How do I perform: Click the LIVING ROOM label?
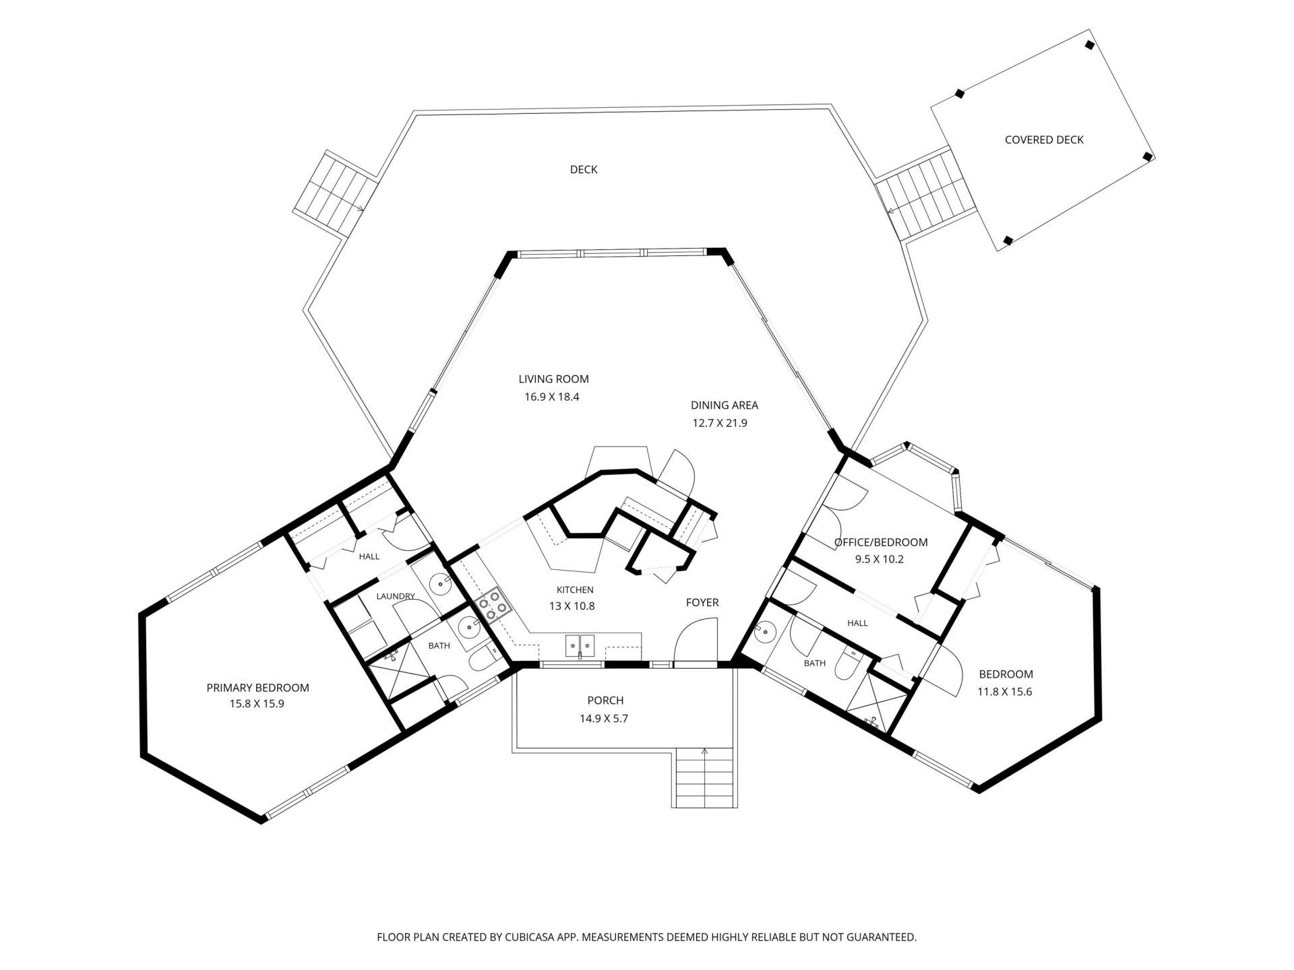tap(553, 379)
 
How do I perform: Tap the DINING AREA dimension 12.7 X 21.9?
tap(720, 424)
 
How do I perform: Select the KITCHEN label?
tap(575, 590)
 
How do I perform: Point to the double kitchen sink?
tap(580, 646)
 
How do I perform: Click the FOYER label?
tap(702, 602)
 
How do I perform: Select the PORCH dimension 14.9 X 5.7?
tap(604, 719)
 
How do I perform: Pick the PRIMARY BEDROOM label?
tap(257, 688)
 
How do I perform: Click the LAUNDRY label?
tap(395, 596)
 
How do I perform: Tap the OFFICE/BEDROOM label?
tap(881, 542)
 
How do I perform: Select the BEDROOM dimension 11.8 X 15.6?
tap(1005, 691)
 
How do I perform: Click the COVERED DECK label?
tap(1044, 140)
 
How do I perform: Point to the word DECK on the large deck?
tap(584, 170)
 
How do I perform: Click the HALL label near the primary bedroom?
tap(369, 556)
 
